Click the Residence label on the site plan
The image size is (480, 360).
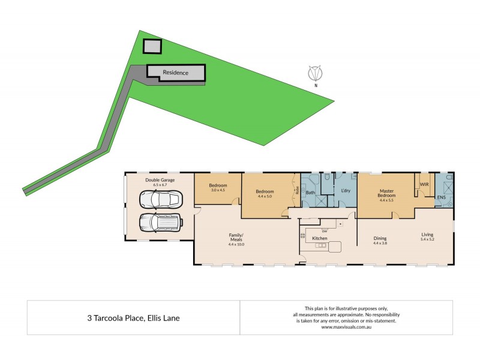[x=176, y=73]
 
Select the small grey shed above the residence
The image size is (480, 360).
[x=152, y=47]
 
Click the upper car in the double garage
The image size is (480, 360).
[x=160, y=200]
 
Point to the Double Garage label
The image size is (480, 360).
[x=159, y=179]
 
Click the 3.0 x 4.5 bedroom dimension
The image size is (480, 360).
[x=217, y=190]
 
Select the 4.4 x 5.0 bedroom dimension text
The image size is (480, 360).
[x=265, y=196]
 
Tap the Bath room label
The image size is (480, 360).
[x=311, y=193]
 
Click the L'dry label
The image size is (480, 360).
[x=345, y=191]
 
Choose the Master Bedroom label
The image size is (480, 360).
[x=386, y=193]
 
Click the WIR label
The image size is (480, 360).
[x=424, y=184]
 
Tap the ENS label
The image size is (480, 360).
[x=441, y=196]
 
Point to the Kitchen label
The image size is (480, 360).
[x=320, y=238]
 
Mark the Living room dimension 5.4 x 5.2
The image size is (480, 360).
[x=427, y=239]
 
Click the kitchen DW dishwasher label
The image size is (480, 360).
[x=324, y=230]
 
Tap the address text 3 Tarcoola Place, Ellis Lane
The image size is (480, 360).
[x=133, y=318]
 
